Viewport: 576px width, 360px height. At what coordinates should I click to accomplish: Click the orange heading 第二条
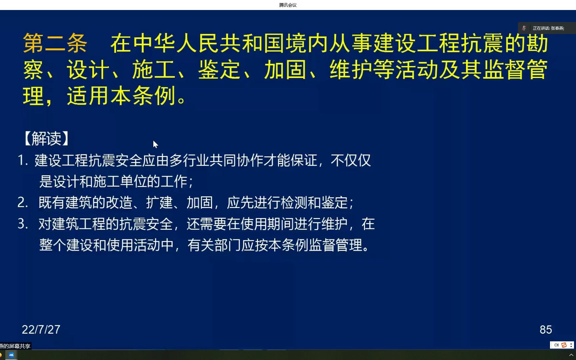pyautogui.click(x=55, y=44)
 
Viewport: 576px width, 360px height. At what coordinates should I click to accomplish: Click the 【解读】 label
pyautogui.click(x=47, y=139)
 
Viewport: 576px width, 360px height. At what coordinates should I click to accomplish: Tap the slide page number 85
pyautogui.click(x=546, y=330)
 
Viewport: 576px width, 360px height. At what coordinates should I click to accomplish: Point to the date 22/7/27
pyautogui.click(x=41, y=330)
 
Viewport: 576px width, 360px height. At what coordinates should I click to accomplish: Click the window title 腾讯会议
pyautogui.click(x=288, y=5)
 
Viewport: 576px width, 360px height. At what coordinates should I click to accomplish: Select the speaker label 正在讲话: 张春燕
pyautogui.click(x=548, y=28)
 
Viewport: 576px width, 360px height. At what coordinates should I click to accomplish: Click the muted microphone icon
pyautogui.click(x=524, y=28)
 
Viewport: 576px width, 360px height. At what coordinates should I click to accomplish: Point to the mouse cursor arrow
pyautogui.click(x=155, y=144)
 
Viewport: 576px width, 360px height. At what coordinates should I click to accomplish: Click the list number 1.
pyautogui.click(x=22, y=160)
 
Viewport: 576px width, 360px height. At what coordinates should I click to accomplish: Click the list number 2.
pyautogui.click(x=22, y=202)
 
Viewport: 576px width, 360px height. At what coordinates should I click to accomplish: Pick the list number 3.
pyautogui.click(x=22, y=224)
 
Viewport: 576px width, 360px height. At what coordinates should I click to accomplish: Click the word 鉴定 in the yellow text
pyautogui.click(x=219, y=70)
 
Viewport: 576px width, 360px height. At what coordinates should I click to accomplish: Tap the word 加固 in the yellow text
pyautogui.click(x=285, y=70)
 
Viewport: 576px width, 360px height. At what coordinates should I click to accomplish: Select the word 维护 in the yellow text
pyautogui.click(x=351, y=70)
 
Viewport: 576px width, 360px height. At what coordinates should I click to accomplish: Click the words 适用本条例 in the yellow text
pyautogui.click(x=122, y=96)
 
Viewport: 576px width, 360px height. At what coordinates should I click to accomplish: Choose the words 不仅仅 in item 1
pyautogui.click(x=351, y=160)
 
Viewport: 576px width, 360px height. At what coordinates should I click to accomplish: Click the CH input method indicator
pyautogui.click(x=556, y=345)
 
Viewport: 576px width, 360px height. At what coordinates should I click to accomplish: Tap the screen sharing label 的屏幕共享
pyautogui.click(x=17, y=346)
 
